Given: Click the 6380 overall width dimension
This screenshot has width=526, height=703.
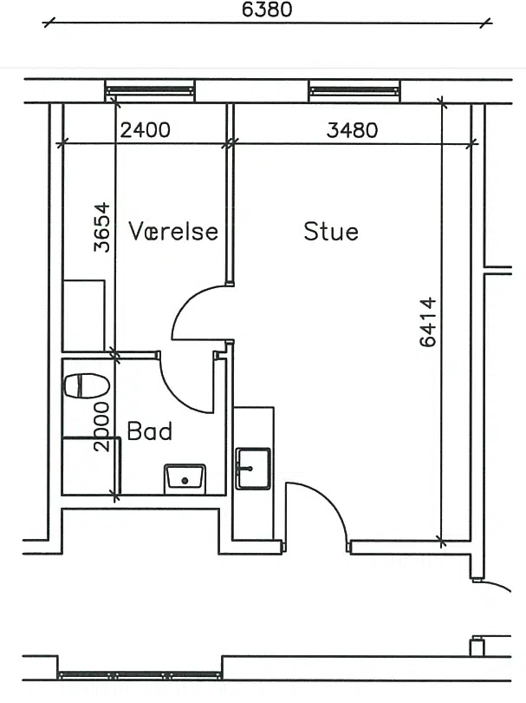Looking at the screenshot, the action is tap(267, 10).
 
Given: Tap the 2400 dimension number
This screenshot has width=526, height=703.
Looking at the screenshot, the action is tap(145, 130).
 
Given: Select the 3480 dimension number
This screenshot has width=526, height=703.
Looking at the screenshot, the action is tap(352, 130).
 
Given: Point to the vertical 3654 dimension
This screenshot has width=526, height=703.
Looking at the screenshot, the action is tap(102, 227).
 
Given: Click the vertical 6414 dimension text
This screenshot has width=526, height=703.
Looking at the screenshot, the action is tap(428, 321).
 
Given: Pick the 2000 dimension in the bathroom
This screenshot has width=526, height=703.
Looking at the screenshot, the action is tap(101, 426).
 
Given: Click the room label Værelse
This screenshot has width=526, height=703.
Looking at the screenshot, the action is tap(173, 232).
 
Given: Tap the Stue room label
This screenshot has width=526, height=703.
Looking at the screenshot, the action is tap(331, 232).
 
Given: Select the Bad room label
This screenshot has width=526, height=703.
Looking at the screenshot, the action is tap(150, 430).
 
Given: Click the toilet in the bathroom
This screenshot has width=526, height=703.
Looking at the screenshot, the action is tap(87, 385).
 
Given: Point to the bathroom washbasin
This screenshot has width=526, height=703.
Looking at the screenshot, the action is tap(185, 478).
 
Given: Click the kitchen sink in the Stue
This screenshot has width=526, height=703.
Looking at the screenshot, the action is tap(253, 468).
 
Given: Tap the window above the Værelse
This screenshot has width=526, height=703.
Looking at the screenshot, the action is tap(150, 91).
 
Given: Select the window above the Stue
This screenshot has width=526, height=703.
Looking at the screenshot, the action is tap(354, 91).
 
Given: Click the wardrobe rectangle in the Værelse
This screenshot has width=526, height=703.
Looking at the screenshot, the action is tap(84, 316).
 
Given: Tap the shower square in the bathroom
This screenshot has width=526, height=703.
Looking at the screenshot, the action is tap(91, 466).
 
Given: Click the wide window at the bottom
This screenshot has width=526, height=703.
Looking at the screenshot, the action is tap(140, 674).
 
